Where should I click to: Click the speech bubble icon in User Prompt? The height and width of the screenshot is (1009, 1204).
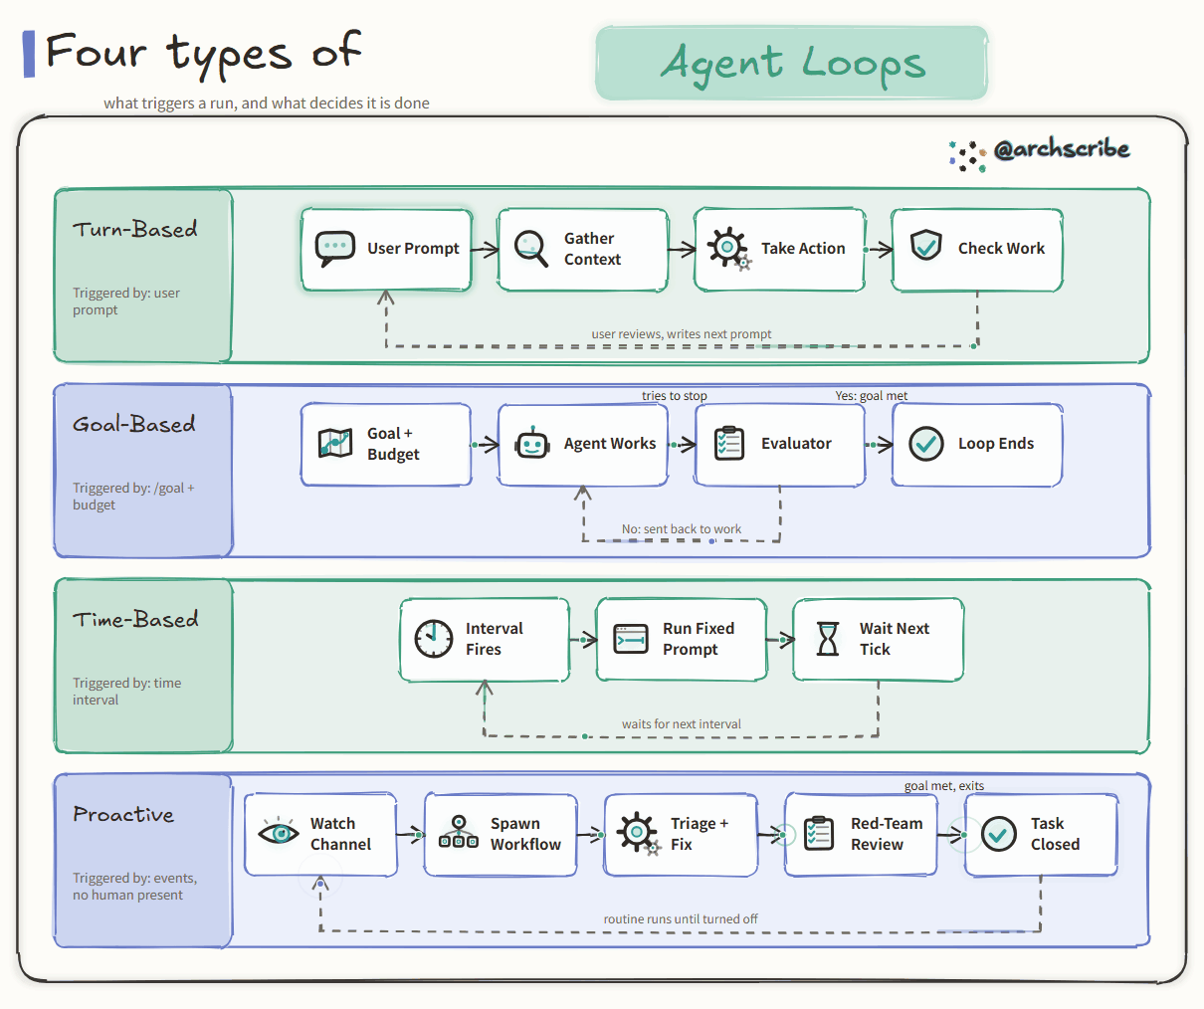click(334, 249)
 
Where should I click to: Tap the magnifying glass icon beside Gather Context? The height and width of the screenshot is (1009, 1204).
click(530, 249)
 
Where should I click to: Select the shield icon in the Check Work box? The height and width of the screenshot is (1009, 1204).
click(925, 245)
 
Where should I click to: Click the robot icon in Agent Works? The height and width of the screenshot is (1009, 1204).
click(531, 443)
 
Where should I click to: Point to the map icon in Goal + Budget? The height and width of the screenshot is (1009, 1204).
click(335, 443)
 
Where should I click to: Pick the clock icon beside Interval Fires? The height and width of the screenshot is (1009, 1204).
click(434, 638)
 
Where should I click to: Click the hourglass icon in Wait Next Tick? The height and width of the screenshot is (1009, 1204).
click(828, 638)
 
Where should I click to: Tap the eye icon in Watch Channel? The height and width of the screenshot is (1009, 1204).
click(279, 833)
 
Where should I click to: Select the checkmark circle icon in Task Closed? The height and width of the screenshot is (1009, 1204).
click(999, 834)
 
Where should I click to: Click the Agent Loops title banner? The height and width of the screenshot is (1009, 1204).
click(792, 63)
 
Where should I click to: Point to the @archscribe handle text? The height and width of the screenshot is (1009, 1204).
click(1062, 149)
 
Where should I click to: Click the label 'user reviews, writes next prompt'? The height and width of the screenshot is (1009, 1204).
click(681, 333)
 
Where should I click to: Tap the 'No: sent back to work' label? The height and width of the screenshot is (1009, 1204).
click(681, 528)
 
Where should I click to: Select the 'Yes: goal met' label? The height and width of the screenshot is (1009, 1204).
click(872, 395)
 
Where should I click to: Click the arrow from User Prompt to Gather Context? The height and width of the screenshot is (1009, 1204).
click(485, 250)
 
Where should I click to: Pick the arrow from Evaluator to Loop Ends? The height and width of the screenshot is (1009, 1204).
click(879, 445)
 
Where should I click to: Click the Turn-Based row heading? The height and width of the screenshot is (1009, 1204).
click(135, 229)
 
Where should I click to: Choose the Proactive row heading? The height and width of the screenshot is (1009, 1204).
click(123, 814)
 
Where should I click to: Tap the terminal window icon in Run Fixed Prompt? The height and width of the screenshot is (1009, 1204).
click(630, 639)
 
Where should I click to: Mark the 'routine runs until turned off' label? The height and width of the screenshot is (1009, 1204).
click(681, 918)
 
